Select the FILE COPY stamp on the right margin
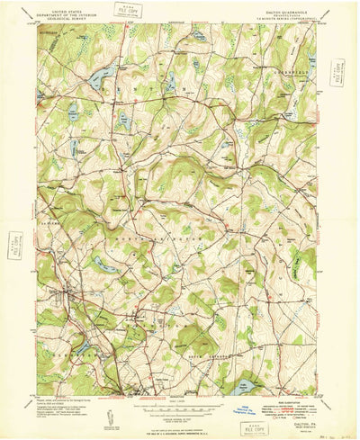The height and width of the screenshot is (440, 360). (x=337, y=71)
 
